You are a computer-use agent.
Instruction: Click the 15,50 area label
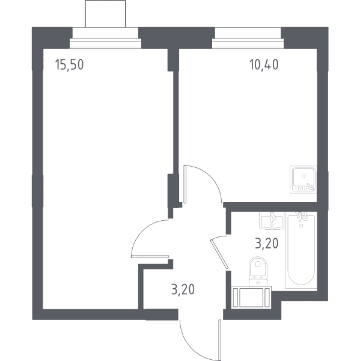[70, 64]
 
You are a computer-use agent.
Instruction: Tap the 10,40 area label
[264, 64]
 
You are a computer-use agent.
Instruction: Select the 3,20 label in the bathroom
[267, 244]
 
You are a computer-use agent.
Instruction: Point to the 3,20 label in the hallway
[183, 289]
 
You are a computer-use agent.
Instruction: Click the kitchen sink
[303, 179]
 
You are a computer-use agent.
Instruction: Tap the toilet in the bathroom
[258, 271]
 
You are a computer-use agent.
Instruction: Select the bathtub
[301, 250]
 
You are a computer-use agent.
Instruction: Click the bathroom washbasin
[272, 221]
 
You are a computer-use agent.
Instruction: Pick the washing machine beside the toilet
[251, 297]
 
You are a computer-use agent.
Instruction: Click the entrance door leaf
[220, 340]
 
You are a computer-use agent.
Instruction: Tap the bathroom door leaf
[219, 254]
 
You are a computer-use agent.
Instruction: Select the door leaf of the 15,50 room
[150, 256]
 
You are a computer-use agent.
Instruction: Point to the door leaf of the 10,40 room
[185, 184]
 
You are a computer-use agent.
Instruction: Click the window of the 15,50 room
[105, 43]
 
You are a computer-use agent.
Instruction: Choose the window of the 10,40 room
[248, 43]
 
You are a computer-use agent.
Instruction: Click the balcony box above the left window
[105, 14]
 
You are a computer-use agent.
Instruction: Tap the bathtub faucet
[301, 216]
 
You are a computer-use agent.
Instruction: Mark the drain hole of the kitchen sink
[304, 176]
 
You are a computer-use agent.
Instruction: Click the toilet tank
[258, 282]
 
